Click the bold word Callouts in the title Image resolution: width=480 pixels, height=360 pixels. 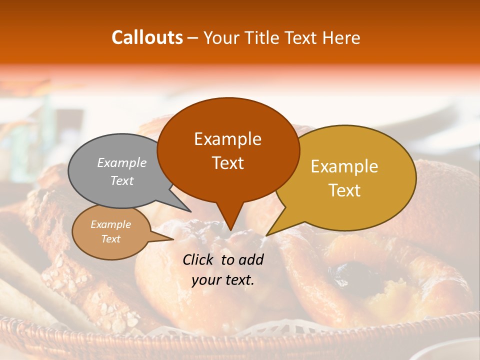tap(147, 37)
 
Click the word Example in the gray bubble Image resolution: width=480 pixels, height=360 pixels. tap(122, 162)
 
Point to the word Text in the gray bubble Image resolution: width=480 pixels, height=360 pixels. tap(122, 180)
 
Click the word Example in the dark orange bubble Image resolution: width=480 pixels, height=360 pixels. tap(227, 139)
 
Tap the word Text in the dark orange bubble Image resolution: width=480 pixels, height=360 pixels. tap(227, 163)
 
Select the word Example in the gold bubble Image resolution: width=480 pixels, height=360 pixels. tap(344, 166)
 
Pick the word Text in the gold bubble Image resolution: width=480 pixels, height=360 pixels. tap(344, 190)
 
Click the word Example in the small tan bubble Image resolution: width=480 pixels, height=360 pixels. tap(110, 224)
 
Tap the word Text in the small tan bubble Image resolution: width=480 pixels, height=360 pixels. tap(110, 239)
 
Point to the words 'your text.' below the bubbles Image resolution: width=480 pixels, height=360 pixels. tap(223, 280)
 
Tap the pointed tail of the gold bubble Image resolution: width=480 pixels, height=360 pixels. tap(272, 231)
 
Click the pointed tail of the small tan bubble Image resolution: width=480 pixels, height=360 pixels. tap(167, 238)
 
